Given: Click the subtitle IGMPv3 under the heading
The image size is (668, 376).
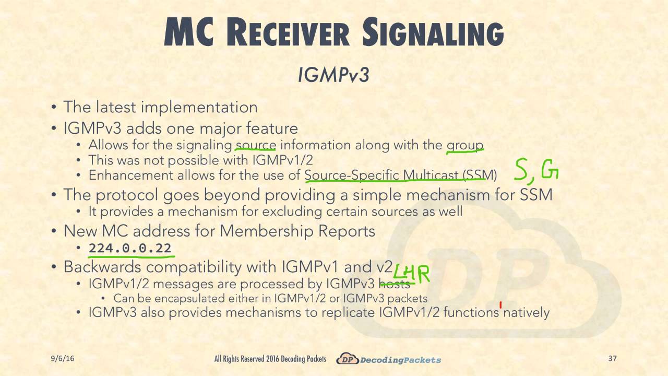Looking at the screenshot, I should [x=333, y=75].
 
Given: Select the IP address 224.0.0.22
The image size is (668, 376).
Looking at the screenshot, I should [x=130, y=248].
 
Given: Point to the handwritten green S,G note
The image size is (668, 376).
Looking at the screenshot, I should [x=536, y=171].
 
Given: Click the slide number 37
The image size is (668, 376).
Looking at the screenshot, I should [x=613, y=358].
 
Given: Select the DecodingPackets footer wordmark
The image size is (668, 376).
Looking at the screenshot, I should [x=401, y=360].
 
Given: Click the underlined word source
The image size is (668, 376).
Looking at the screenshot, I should [x=255, y=145].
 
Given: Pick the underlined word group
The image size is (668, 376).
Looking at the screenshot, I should [x=464, y=145].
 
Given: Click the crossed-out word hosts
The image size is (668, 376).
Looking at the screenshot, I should [x=395, y=284].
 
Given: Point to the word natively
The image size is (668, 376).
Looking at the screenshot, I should [x=526, y=312].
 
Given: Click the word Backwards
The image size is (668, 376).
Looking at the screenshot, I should [x=102, y=267].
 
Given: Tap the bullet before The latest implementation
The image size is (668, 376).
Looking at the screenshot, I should [x=54, y=108].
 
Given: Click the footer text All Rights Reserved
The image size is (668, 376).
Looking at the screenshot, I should [x=240, y=359].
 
